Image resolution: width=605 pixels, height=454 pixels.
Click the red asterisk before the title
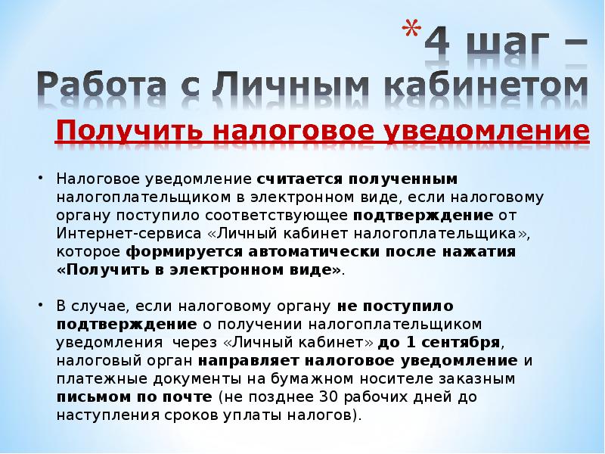pos(411,30)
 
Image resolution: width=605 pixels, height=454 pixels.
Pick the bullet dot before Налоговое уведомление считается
pos(41,178)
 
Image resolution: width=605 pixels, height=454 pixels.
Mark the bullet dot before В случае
pos(41,305)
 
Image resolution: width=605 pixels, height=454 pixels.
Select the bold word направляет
pos(249,362)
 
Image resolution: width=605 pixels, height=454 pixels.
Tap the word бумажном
pos(312,379)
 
